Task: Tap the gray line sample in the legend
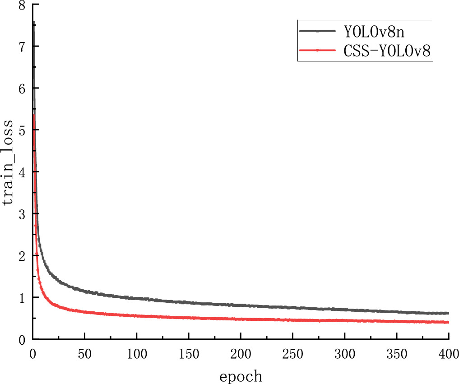318,31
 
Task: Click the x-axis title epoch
241,375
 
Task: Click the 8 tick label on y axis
22,5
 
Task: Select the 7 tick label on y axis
22,46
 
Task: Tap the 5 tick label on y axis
22,130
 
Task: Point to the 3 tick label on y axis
22,214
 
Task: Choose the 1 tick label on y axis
22,298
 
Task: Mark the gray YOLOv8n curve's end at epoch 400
448,313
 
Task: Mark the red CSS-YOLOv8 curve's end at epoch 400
448,322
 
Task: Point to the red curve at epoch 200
241,319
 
